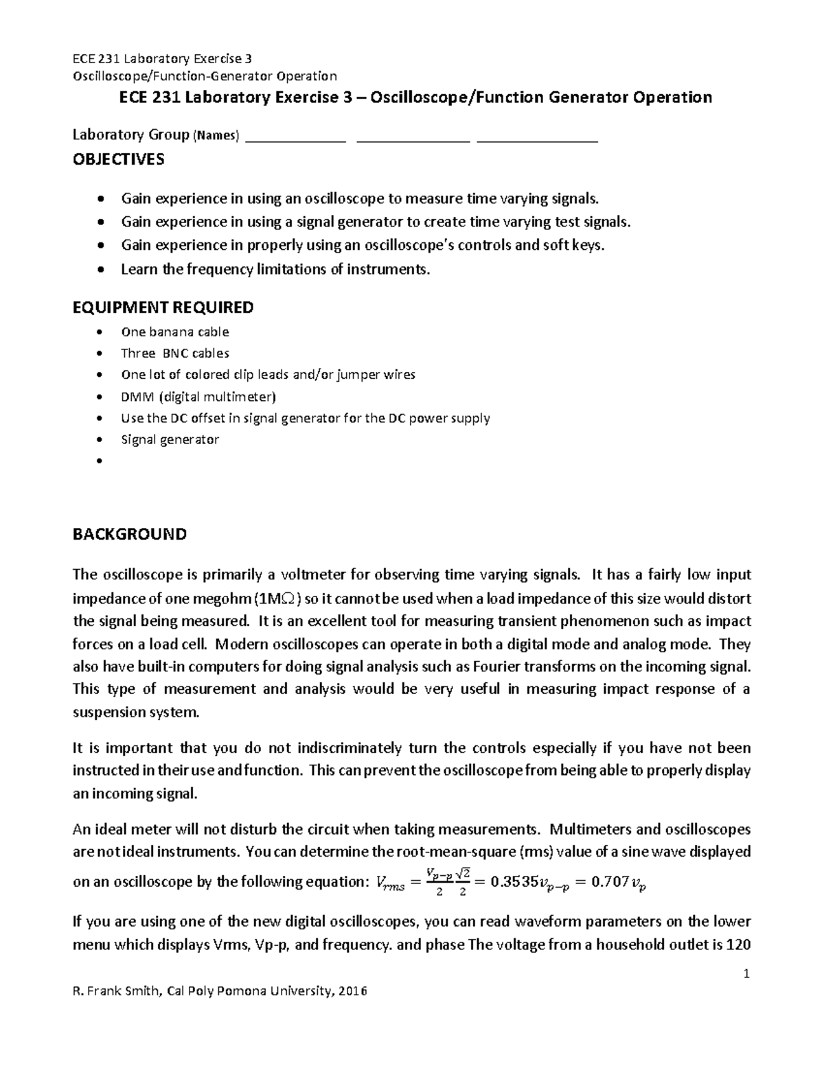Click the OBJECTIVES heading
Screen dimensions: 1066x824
119,160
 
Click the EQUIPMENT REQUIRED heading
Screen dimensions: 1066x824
163,308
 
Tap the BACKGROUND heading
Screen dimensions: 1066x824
129,535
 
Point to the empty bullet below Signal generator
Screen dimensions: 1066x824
101,461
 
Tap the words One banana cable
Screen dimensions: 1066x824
175,332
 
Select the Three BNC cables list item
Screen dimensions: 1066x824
175,354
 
